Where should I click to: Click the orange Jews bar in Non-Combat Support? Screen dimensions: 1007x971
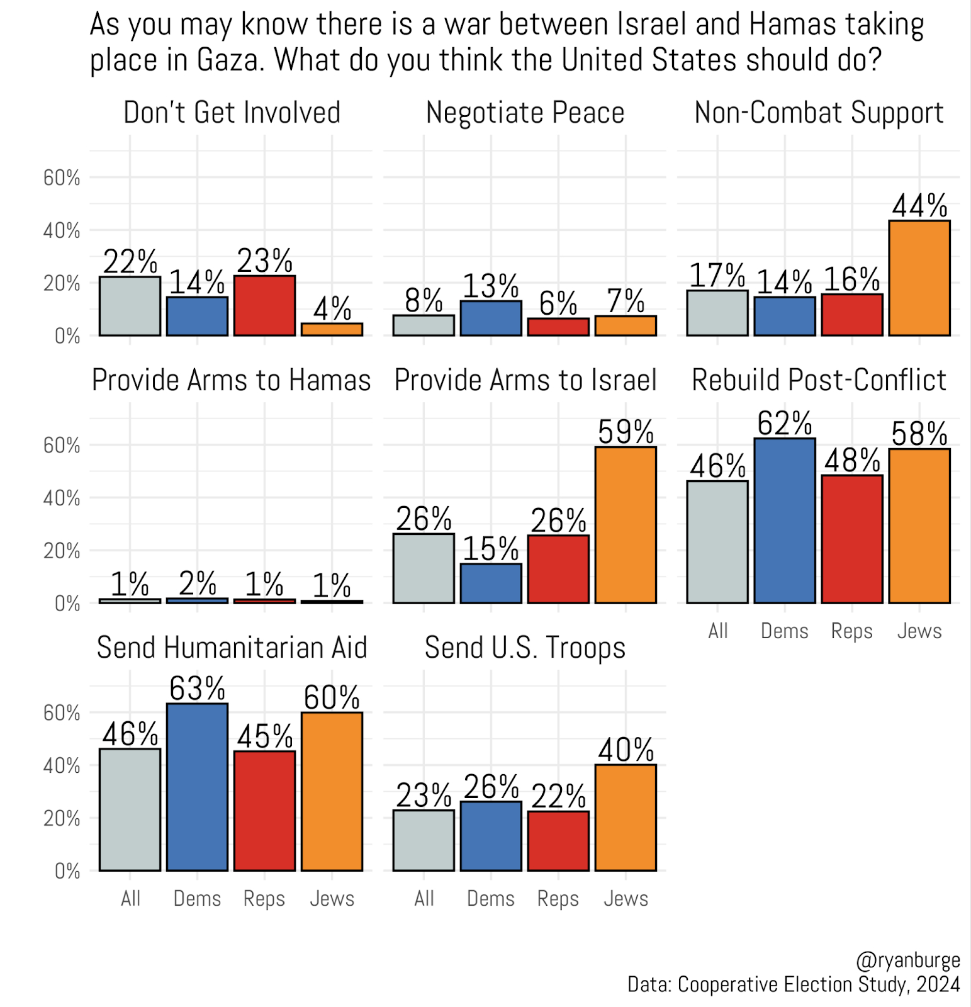919,278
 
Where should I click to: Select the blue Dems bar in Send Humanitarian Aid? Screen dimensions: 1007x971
197,787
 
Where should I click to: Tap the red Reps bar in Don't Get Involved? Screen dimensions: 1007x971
264,305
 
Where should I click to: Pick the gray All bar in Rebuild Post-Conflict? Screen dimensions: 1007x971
717,542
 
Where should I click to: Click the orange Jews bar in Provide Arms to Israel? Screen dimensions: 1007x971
626,525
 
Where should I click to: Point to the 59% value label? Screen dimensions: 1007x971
626,432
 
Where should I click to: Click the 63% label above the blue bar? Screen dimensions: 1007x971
197,689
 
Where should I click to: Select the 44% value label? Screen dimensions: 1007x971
919,206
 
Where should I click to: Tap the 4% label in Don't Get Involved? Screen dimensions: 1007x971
332,308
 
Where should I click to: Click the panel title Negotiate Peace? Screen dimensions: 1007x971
525,113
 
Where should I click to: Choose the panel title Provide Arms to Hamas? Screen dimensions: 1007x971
231,381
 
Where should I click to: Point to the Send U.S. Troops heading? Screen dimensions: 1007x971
525,648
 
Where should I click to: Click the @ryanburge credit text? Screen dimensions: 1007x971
907,960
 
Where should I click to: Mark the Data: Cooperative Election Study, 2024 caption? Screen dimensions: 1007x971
794,984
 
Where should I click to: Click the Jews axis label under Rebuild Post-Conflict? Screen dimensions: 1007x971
919,631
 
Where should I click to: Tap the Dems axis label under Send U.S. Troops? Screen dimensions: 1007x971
491,899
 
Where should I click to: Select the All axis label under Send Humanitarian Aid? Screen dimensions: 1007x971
130,899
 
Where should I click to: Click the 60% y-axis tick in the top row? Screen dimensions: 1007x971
62,178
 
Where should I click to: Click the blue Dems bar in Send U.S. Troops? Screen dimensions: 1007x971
491,836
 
